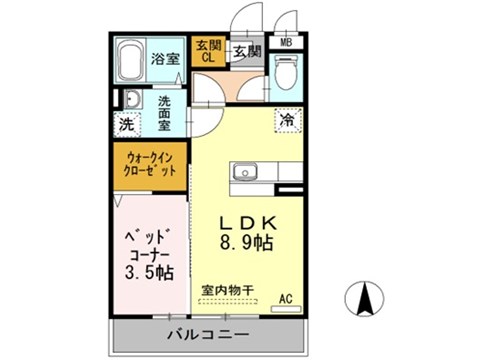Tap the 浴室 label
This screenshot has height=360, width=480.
point(166,60)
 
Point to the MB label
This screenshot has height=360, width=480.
point(286,43)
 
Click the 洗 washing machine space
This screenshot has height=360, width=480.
point(128,127)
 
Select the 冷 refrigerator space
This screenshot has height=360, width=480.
point(288,119)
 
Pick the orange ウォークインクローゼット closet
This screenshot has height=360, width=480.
point(152,163)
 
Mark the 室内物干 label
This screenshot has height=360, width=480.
point(228,291)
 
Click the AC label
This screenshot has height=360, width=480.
point(286,298)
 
